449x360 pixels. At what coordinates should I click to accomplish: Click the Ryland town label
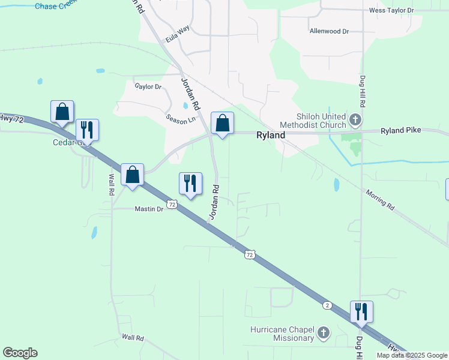[271, 135]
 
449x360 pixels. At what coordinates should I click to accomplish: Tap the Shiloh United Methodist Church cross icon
[355, 120]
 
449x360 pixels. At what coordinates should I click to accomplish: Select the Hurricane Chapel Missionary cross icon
[323, 333]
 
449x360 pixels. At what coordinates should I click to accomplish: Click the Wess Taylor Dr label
[391, 10]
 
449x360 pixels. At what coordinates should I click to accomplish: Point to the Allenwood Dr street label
[329, 31]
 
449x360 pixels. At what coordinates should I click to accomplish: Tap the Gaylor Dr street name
[148, 86]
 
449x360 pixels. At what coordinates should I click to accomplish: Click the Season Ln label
[181, 119]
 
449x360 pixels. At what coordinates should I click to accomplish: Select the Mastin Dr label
[149, 209]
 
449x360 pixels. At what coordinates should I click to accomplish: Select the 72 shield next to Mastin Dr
[172, 205]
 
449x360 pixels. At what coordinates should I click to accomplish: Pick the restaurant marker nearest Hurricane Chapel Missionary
[361, 312]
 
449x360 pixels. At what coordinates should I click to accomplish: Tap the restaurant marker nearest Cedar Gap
[87, 130]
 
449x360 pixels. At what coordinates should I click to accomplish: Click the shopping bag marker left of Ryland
[222, 123]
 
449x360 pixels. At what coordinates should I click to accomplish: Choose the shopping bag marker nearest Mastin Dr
[133, 175]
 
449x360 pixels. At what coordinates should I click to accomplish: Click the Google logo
[20, 353]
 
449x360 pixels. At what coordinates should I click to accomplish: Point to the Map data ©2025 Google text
[412, 355]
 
